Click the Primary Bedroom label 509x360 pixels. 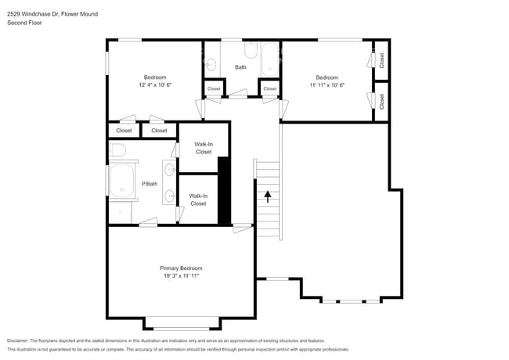pos(181,268)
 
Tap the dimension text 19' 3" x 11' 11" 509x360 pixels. pos(181,275)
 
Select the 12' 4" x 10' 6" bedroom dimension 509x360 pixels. pos(155,85)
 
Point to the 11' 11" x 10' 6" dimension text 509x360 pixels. pos(327,85)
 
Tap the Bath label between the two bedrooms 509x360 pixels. pos(240,67)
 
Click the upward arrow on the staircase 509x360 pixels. pos(268,196)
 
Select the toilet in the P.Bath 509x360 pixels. pos(117,149)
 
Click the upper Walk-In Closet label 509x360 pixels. pos(204,148)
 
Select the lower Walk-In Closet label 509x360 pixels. pos(198,200)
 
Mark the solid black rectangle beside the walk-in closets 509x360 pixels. pos(223,191)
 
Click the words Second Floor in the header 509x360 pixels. pos(24,23)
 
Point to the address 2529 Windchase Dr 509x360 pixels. pos(31,13)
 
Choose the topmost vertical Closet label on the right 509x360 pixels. pos(381,59)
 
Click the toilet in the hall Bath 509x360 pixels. pos(249,52)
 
